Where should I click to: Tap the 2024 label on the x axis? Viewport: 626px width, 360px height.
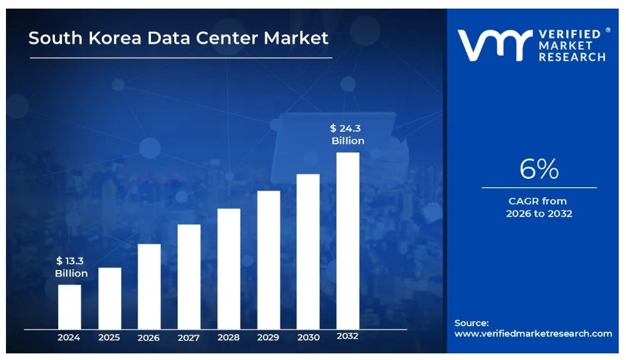tap(69, 337)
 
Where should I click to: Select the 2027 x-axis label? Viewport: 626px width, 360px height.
tap(189, 337)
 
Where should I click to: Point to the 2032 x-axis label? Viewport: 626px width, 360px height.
tap(347, 336)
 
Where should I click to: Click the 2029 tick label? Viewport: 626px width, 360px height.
tap(268, 337)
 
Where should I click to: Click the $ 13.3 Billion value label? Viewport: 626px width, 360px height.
tap(71, 267)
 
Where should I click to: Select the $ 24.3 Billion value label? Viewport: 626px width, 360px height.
tap(347, 134)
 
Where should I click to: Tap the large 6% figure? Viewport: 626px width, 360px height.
tap(539, 170)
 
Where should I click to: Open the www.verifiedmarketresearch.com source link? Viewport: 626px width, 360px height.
tap(533, 334)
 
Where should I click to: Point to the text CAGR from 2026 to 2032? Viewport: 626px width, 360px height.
tap(539, 207)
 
